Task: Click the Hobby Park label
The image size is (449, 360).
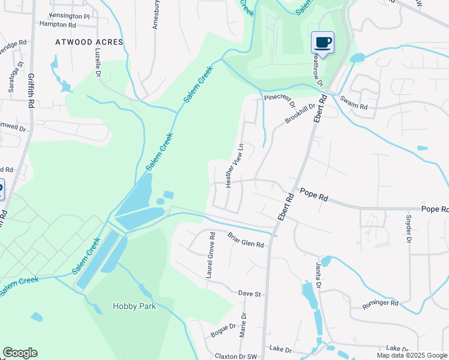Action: pos(134,306)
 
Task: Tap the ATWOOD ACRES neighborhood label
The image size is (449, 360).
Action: pos(89,42)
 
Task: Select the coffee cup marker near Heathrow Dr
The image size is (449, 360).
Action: pos(322,43)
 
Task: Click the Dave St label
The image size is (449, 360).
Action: pos(250,294)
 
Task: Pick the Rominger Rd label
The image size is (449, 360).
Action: pos(380,304)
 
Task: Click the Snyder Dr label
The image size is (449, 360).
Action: pos(408,229)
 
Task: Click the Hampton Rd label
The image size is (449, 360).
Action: pos(58,25)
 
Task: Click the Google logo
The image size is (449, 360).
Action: pos(20,353)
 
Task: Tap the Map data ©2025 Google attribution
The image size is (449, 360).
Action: pos(412,355)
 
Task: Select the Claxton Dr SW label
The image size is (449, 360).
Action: pos(235,356)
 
